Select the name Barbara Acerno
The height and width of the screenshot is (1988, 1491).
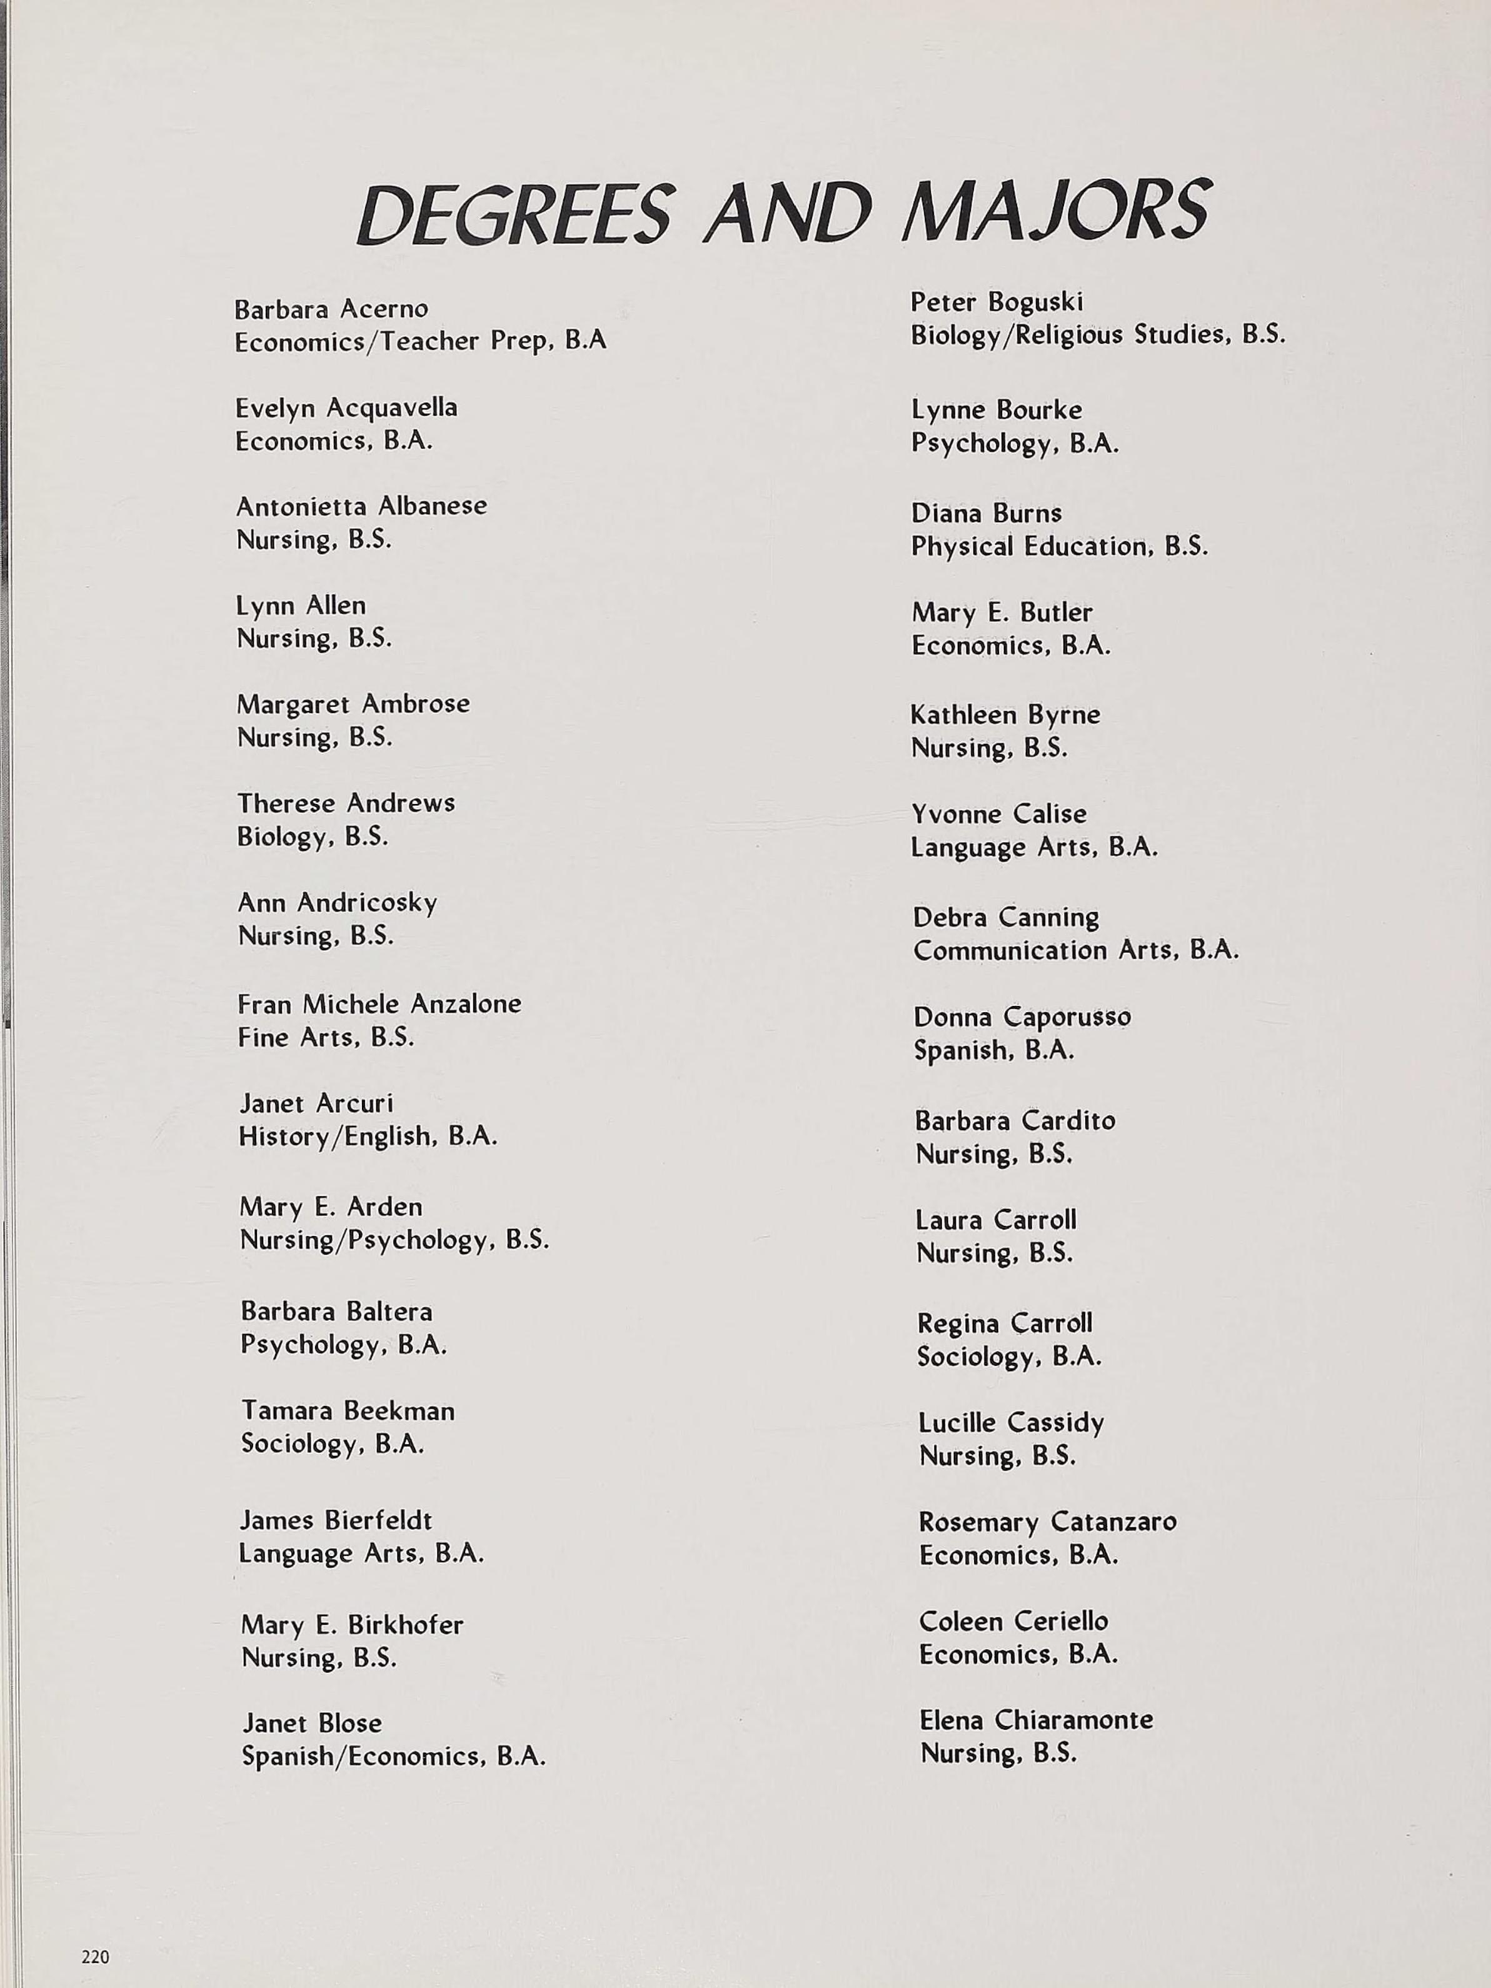click(x=331, y=309)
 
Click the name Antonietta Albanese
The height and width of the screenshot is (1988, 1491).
click(x=361, y=506)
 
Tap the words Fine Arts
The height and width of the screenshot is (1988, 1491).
click(x=296, y=1037)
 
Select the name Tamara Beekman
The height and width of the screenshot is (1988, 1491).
click(x=348, y=1411)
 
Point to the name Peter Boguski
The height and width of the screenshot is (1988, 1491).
click(x=997, y=302)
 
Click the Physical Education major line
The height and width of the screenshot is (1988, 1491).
click(x=1060, y=546)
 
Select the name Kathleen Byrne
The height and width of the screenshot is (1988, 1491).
click(x=1005, y=715)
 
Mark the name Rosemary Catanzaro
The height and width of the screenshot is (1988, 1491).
click(x=1047, y=1522)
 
